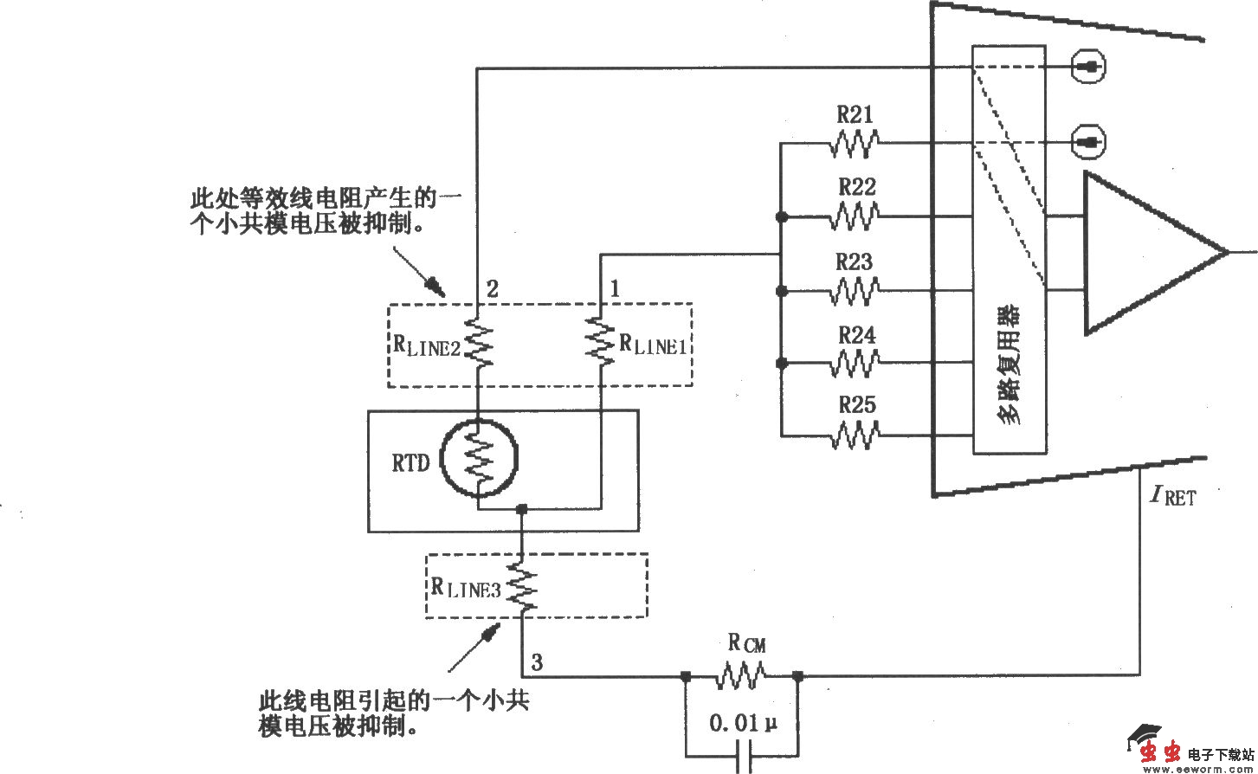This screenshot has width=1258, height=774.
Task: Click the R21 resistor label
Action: coord(855,114)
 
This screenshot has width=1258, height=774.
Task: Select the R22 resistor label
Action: coord(856,186)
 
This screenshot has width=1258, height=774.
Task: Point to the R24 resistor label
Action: coord(856,335)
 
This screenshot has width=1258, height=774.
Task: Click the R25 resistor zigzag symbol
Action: coord(855,435)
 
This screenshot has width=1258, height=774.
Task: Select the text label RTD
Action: coord(410,464)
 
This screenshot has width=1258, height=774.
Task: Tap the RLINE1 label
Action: coord(654,343)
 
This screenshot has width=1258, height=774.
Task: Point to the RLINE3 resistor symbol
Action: coord(523,586)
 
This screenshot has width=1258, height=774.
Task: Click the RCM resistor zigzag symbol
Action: coord(741,675)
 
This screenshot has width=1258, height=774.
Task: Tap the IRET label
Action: coord(1172,497)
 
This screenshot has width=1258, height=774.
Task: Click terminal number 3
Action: coord(537,664)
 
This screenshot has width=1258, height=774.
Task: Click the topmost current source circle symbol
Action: coord(1088,66)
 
